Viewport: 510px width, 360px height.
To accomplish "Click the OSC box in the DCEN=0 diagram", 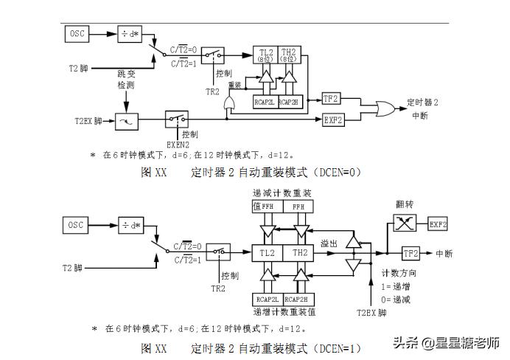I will click(77, 34).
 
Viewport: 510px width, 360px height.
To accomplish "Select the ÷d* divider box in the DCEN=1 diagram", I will click(133, 224).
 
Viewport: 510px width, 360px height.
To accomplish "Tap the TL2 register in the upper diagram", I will click(267, 55).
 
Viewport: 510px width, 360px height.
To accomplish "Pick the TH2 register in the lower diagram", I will click(300, 252).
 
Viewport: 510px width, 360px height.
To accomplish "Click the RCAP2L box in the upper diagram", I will click(265, 103).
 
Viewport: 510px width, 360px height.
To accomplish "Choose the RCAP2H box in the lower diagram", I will click(298, 299).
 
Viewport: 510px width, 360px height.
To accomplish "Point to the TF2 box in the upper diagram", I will click(331, 98).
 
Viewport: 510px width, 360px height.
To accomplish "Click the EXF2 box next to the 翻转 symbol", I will click(438, 223).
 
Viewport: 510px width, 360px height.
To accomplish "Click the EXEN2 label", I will click(180, 145).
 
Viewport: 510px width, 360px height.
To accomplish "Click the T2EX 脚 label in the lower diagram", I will click(371, 313).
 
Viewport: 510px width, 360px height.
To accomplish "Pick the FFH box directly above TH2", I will click(298, 208).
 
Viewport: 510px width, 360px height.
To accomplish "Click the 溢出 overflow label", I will click(329, 242).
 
